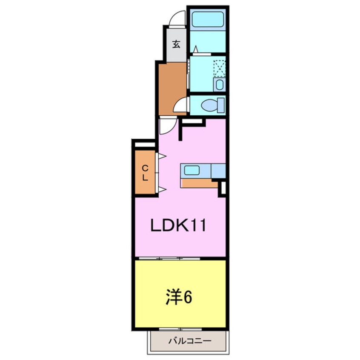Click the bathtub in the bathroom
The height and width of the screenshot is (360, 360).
click(207, 19)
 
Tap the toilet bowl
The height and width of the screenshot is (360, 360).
click(210, 104)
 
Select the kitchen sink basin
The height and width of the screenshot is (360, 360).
click(191, 171)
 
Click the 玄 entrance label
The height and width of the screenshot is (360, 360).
click(175, 43)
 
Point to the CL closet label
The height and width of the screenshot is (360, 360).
click(145, 173)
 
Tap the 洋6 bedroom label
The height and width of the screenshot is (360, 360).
click(179, 297)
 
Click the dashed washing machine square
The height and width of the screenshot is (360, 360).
click(218, 67)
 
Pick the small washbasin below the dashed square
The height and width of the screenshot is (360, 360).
click(219, 84)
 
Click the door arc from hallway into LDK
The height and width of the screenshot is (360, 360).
click(167, 126)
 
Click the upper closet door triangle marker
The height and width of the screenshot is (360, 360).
click(162, 156)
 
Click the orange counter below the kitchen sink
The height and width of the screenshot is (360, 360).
click(198, 183)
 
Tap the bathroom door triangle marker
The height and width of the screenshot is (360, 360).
click(195, 50)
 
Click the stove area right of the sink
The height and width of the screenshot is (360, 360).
click(218, 171)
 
